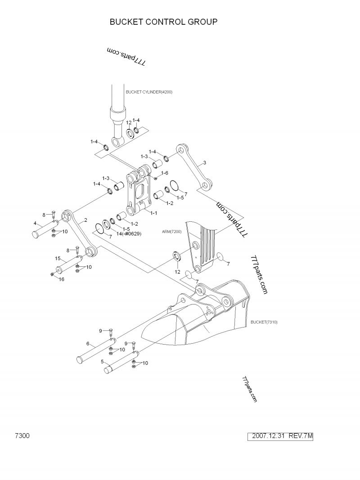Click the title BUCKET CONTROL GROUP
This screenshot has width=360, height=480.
tap(164, 22)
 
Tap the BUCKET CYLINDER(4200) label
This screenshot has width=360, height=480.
tap(149, 92)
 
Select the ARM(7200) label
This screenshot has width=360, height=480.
tap(171, 232)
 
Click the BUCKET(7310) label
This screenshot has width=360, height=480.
tap(265, 322)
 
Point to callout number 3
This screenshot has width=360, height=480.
tap(205, 162)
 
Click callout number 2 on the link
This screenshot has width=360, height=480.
tap(85, 220)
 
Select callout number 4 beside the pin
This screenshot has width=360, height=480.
tap(35, 223)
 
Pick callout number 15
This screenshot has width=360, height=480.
tap(58, 258)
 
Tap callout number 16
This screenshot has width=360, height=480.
tap(62, 279)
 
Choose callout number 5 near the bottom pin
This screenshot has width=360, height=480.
tap(103, 361)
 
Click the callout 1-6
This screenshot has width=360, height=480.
tap(165, 173)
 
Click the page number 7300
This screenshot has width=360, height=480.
tap(22, 436)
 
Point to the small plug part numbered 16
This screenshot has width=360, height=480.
tap(53, 274)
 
